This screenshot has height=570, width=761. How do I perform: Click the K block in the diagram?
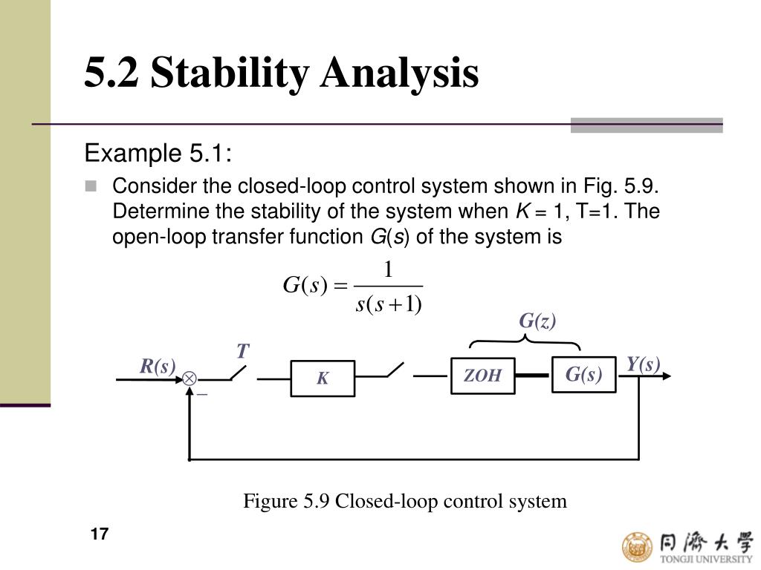[x=323, y=379]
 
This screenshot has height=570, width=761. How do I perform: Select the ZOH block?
[x=482, y=376]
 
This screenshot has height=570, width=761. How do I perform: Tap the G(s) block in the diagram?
[x=583, y=375]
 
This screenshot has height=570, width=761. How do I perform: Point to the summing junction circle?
[x=190, y=379]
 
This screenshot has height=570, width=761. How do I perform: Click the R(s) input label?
[x=158, y=367]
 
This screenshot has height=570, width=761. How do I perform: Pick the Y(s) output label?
[x=643, y=364]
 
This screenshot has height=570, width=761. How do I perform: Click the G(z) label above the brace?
[x=537, y=321]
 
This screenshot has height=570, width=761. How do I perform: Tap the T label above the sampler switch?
[x=242, y=351]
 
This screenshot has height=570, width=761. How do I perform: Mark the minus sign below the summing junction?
[x=201, y=394]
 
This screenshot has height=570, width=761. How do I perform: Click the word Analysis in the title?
[x=399, y=73]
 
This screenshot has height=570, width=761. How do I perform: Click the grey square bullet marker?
[x=91, y=186]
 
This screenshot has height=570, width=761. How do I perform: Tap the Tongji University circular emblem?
[x=636, y=546]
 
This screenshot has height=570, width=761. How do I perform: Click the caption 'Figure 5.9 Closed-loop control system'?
[x=405, y=501]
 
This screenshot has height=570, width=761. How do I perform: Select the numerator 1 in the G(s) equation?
[x=387, y=269]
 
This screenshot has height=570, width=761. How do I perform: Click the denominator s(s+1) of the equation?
[x=389, y=304]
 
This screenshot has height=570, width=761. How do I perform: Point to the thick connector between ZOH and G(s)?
[x=532, y=376]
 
